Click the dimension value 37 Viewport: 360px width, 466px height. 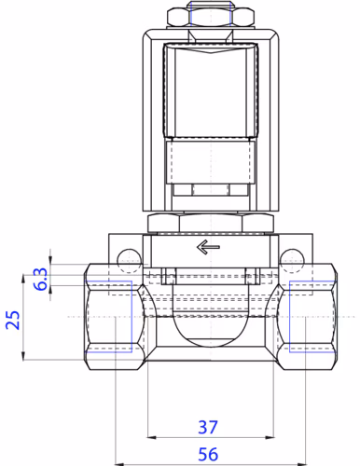pos(208,427)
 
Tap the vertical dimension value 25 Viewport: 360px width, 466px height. pos(13,321)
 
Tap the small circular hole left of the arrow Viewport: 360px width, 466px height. pos(125,257)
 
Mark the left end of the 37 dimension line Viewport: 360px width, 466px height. pos(146,436)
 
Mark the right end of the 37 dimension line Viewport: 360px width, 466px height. pos(270,436)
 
